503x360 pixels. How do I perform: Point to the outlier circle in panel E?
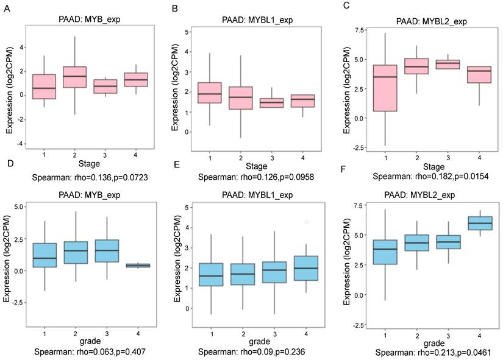click(307, 222)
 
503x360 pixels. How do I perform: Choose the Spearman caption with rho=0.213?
click(434, 351)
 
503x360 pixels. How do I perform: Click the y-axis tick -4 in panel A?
click(21, 143)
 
